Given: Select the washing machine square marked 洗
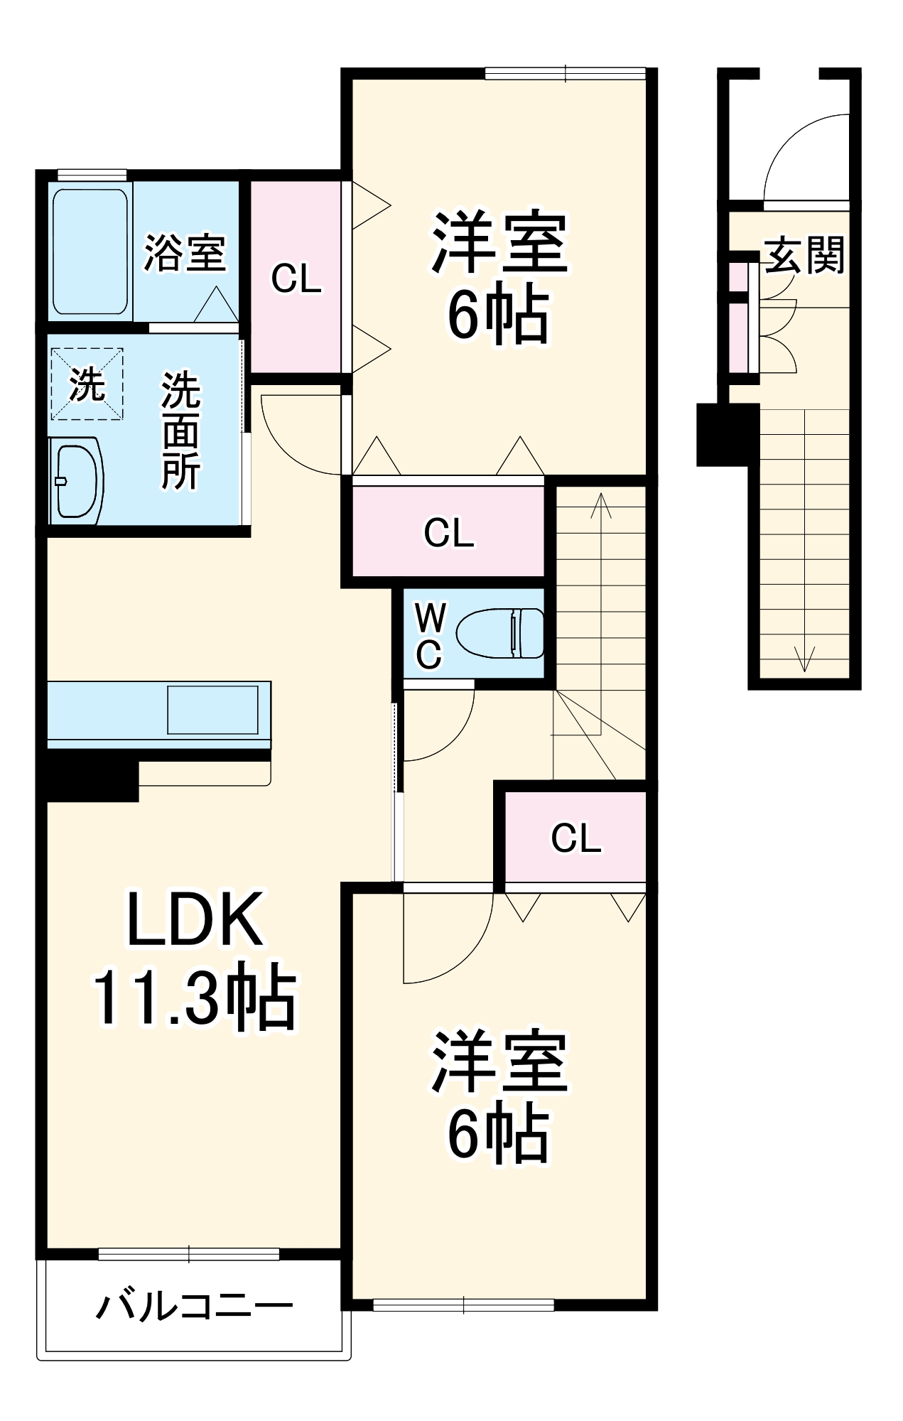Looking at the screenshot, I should (87, 384).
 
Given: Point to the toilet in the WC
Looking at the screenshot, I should (501, 633).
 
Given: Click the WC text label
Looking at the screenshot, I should (429, 636).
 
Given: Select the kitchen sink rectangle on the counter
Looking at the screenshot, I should (212, 709).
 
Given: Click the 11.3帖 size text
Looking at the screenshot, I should (193, 998).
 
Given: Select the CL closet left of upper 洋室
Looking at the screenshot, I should (296, 279).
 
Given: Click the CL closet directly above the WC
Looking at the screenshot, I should (448, 532).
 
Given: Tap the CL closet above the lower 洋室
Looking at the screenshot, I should (575, 838).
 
